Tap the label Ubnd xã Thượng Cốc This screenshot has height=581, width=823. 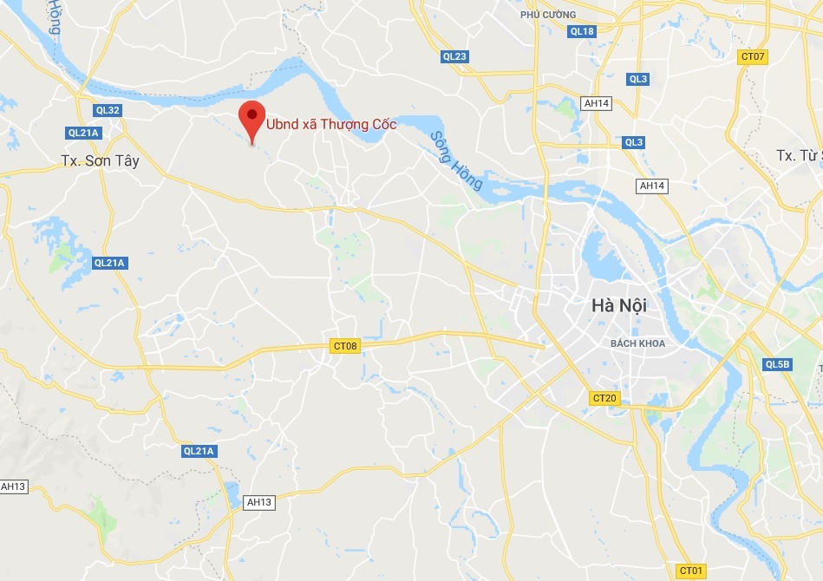point(331,124)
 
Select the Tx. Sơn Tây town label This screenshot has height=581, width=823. point(101,161)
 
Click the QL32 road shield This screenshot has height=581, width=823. point(108,110)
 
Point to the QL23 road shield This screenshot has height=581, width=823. point(454,57)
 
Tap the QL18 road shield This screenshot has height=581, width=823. point(582,32)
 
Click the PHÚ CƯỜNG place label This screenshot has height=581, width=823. point(548,15)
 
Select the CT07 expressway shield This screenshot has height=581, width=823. point(753,57)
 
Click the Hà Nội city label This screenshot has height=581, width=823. point(619,306)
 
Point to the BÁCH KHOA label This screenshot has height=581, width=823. point(637,343)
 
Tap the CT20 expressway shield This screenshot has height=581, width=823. point(604,398)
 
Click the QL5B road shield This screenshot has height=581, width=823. point(778,364)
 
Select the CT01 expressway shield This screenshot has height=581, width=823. point(690,570)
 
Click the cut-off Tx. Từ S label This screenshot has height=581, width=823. point(799,155)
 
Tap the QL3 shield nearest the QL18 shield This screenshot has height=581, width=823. point(638,79)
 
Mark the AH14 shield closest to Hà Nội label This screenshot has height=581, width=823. point(651,186)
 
